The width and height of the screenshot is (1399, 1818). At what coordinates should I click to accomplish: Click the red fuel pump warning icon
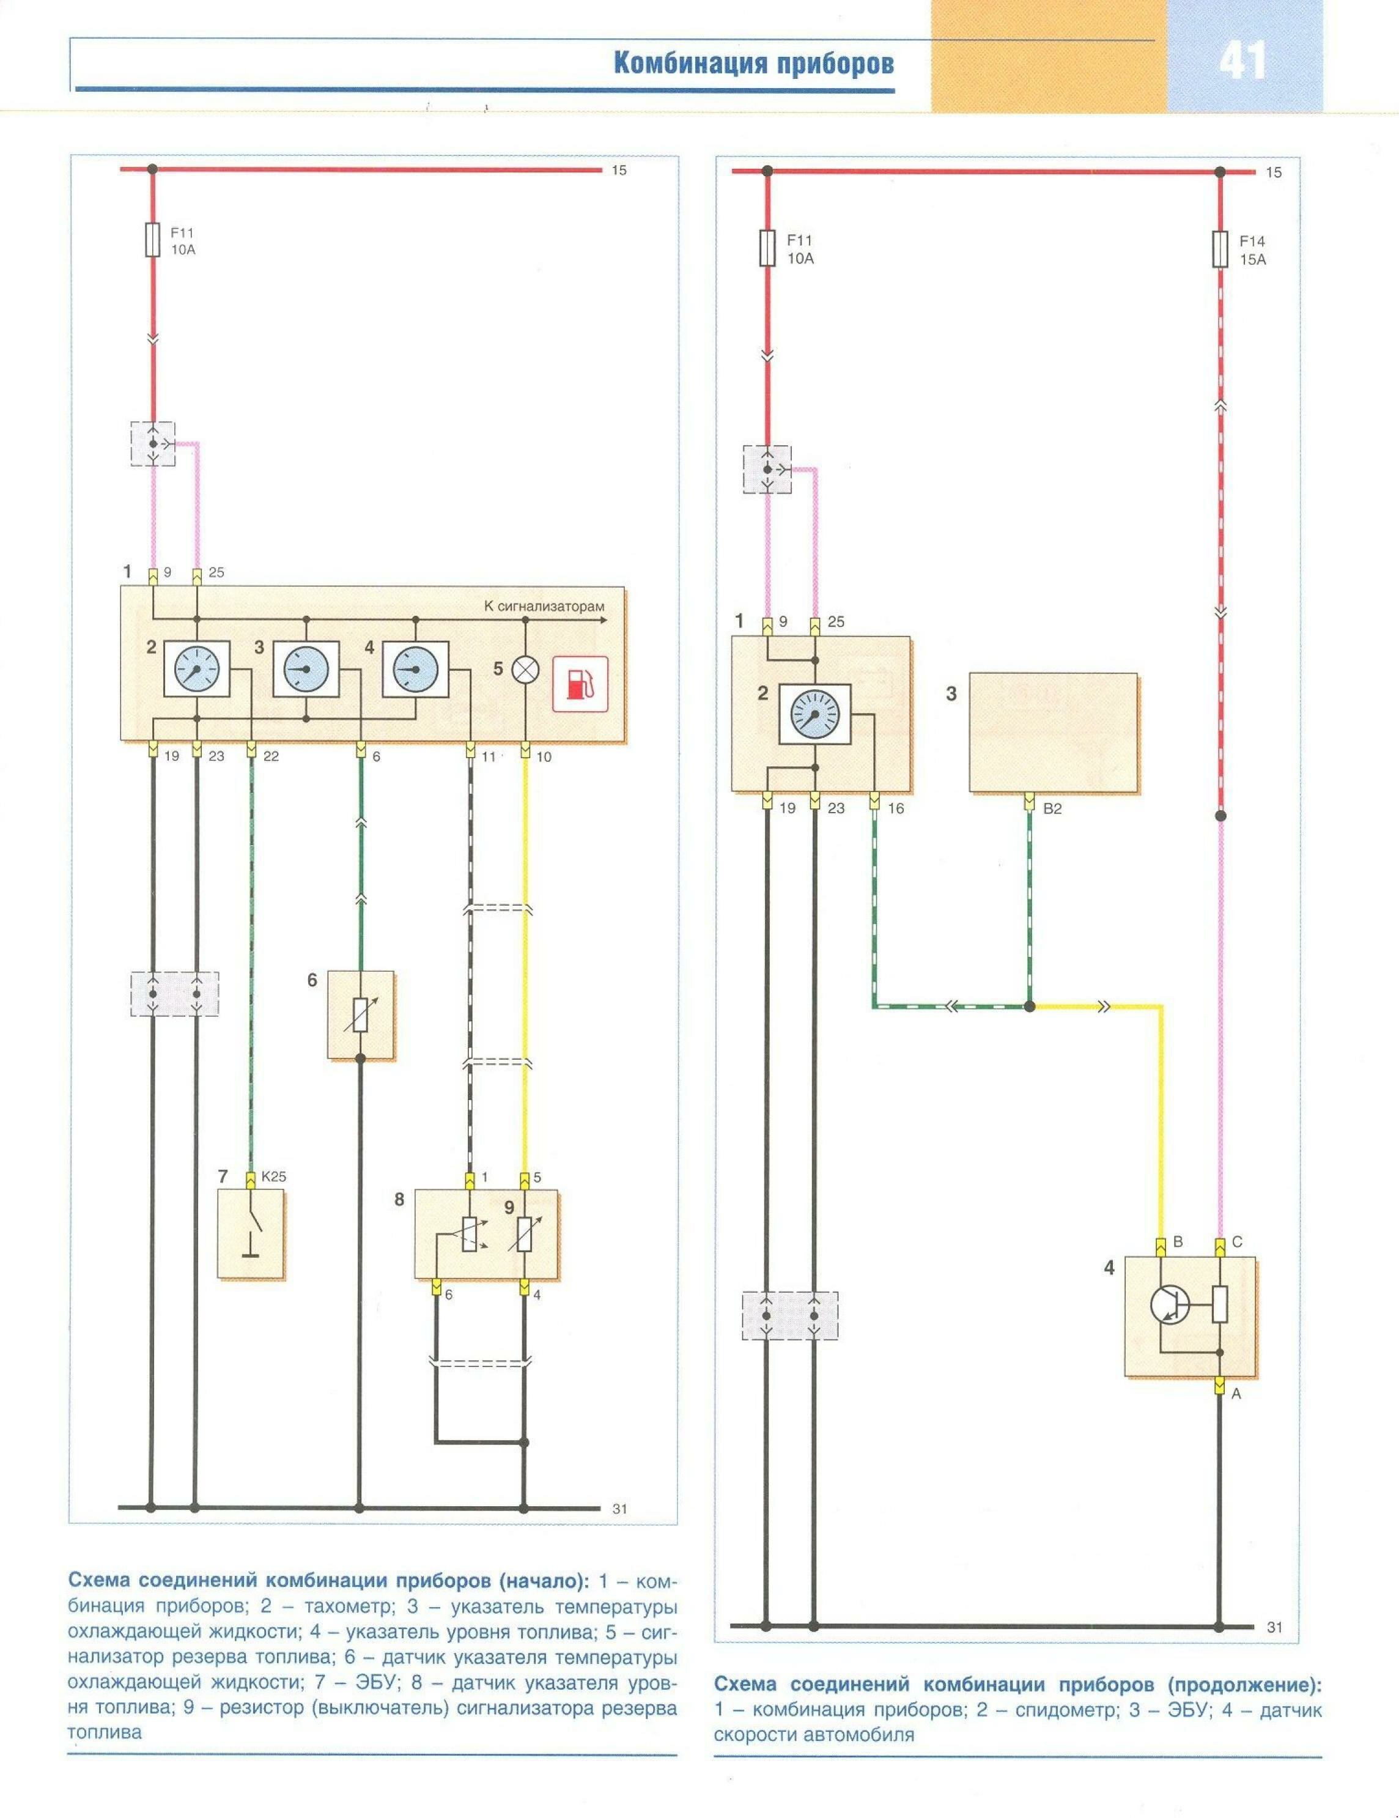[x=580, y=684]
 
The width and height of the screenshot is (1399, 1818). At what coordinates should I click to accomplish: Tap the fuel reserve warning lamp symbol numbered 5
[x=526, y=668]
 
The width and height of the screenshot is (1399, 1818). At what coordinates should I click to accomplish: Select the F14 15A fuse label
[x=1252, y=249]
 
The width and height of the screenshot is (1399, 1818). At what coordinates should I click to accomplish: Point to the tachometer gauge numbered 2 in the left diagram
[x=197, y=669]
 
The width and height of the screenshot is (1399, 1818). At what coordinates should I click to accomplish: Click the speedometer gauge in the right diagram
[x=815, y=714]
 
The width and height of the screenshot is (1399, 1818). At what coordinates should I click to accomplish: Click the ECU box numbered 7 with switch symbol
[x=251, y=1233]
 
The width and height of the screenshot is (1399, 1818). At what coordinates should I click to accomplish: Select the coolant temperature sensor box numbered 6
[x=360, y=1014]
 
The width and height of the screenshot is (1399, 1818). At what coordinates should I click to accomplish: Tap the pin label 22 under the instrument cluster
[x=270, y=756]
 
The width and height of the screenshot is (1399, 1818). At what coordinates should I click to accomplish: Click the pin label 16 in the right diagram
[x=896, y=807]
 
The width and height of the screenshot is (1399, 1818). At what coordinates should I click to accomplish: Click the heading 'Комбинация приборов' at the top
[x=753, y=64]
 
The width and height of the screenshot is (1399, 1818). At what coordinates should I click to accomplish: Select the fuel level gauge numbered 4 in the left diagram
[x=415, y=669]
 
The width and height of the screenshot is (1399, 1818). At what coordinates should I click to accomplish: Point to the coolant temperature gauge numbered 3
[x=306, y=669]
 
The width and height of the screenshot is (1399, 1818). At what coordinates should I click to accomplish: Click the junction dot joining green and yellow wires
[x=1030, y=1007]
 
